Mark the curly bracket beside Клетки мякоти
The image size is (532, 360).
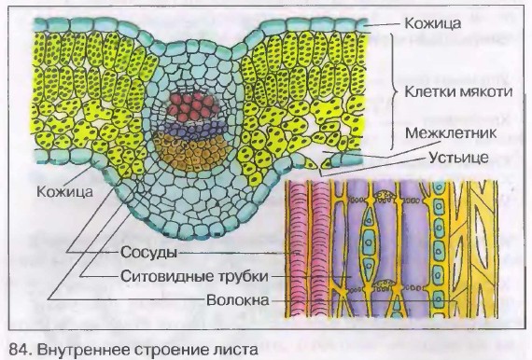pyautogui.click(x=396, y=91)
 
